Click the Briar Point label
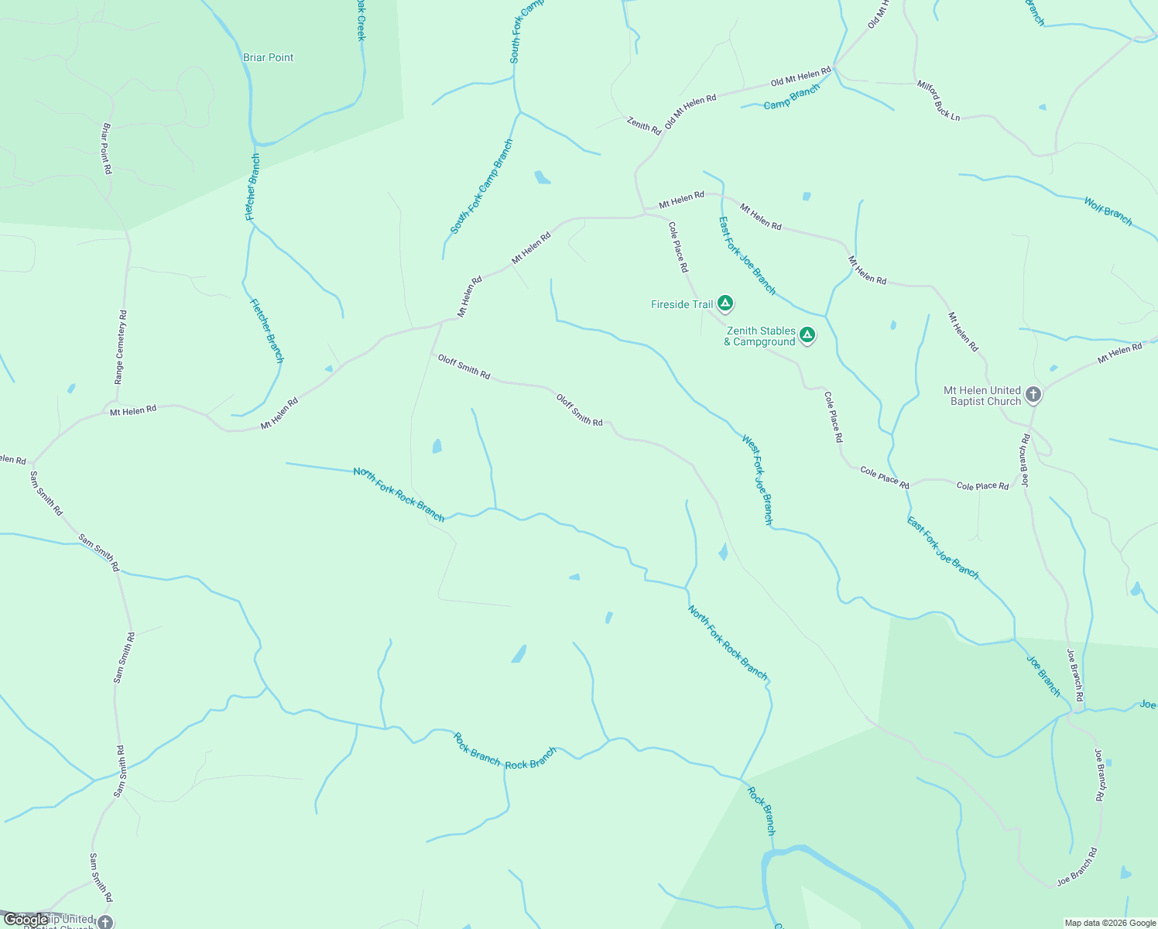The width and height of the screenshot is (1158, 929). tap(268, 57)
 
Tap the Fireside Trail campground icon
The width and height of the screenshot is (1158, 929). tap(725, 303)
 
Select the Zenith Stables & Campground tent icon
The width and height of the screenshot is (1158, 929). tap(807, 335)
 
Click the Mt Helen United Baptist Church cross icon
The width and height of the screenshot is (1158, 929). tap(1033, 395)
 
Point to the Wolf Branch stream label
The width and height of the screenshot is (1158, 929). tap(1108, 211)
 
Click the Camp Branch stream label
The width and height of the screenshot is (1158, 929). tap(791, 98)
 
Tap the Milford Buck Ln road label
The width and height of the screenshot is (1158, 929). tap(938, 101)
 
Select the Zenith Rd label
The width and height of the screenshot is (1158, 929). tap(644, 125)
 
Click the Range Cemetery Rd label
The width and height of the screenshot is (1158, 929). tap(121, 348)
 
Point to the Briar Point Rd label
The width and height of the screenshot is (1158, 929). tap(107, 148)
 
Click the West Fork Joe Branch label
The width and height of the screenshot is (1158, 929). tap(757, 480)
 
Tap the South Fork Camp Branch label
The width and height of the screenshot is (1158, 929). tap(481, 187)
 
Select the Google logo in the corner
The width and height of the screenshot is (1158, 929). tap(26, 920)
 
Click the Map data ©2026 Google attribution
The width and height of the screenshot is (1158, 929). tap(1110, 923)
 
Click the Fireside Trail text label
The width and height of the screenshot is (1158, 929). tap(682, 304)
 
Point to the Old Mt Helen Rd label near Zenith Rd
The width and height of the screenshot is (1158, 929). tap(690, 111)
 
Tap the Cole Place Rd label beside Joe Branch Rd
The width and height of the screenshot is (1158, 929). tap(982, 486)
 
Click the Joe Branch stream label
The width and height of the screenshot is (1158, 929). tap(1043, 676)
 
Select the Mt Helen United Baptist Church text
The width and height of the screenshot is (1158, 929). tap(982, 396)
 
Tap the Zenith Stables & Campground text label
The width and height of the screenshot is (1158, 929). tap(760, 336)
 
